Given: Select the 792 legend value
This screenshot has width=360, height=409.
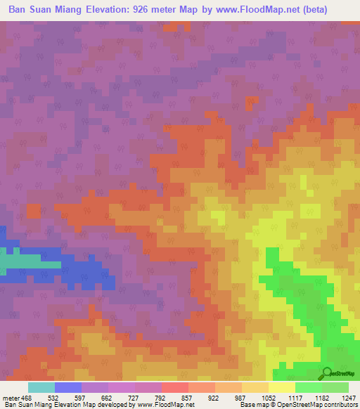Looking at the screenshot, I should pos(170,397).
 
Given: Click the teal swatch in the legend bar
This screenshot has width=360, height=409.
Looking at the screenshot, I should pos(41,387).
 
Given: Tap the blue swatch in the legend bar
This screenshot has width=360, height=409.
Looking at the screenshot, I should pos(67,387).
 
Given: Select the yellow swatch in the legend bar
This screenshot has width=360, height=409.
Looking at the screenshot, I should pos(281,387).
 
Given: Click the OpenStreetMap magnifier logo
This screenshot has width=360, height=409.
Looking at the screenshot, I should pos(328,372).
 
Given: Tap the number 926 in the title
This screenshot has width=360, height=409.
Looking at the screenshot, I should pos(184,9).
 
